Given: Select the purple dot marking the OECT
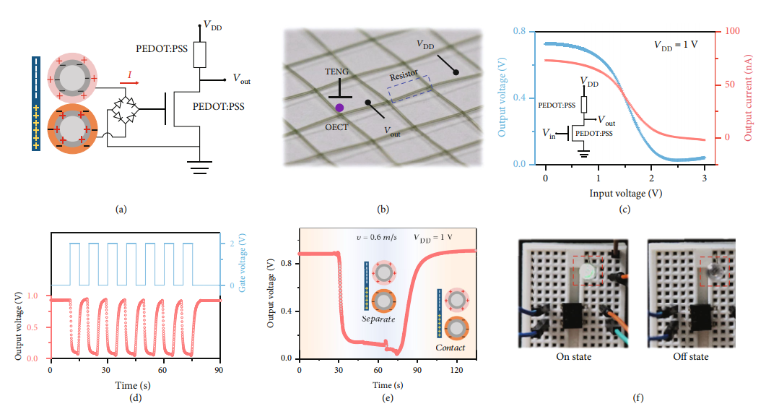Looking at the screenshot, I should click(339, 108).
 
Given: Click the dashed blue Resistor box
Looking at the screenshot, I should click(409, 87).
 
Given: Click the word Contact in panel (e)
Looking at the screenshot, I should click(450, 348).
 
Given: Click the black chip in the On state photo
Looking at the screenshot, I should click(575, 317).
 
